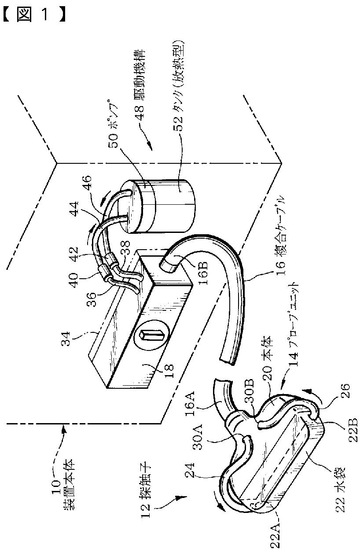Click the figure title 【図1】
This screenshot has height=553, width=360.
tap(34, 16)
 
